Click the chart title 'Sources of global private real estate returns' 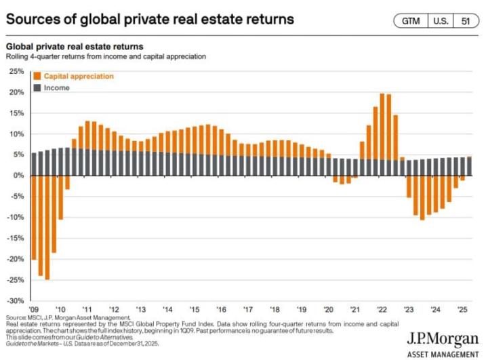(x=150, y=19)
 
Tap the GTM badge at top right (x=411, y=21)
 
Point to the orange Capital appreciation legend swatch (x=37, y=77)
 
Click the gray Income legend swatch (x=37, y=88)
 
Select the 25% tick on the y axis (x=16, y=71)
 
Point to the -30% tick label (x=14, y=300)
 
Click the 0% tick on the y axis (x=18, y=176)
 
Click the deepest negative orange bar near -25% (x=47, y=227)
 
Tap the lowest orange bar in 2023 (x=422, y=197)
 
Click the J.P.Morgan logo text (x=443, y=340)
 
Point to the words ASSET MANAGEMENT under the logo (x=443, y=353)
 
